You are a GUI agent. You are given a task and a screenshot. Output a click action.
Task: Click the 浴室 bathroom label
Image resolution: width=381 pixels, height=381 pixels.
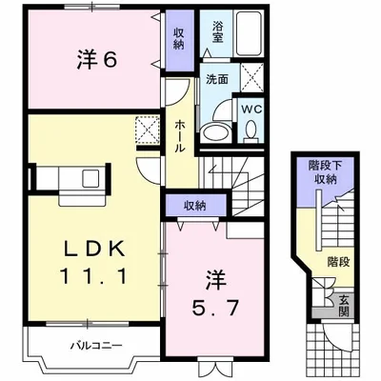[x=218, y=30]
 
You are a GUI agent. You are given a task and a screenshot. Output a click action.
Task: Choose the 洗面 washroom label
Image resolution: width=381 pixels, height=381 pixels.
[x=217, y=81]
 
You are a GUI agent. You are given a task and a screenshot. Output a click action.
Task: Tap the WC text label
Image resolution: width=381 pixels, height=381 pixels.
[x=251, y=110]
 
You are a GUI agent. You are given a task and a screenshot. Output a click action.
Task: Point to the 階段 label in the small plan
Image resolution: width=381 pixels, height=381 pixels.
[x=336, y=260]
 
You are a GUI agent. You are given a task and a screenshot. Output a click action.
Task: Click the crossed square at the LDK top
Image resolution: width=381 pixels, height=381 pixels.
[x=147, y=128]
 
